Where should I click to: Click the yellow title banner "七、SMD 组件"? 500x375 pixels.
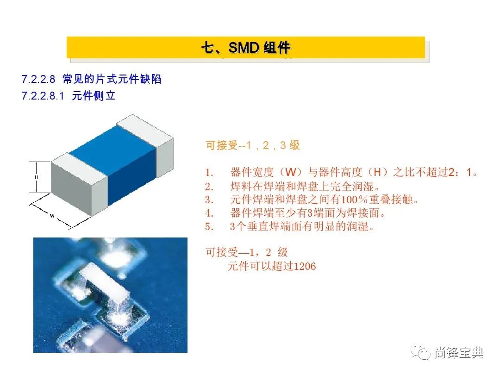[x=245, y=48]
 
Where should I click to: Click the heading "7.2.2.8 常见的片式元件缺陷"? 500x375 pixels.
[x=92, y=79]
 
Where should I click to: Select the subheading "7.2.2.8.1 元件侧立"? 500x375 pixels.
[x=69, y=95]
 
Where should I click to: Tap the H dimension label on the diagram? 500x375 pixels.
[x=37, y=177]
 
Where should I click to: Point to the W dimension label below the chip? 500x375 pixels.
[x=52, y=216]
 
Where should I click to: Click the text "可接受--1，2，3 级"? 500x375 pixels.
[x=253, y=145]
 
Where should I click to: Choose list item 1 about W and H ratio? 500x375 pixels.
[x=341, y=173]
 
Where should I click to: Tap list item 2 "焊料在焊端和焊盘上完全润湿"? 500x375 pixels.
[x=293, y=186]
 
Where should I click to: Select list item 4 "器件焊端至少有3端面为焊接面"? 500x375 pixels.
[x=295, y=213]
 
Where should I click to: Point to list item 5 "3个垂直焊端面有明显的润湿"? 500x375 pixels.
[x=289, y=226]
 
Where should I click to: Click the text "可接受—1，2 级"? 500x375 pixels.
[x=247, y=252]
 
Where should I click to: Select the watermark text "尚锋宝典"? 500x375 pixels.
[x=459, y=353]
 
